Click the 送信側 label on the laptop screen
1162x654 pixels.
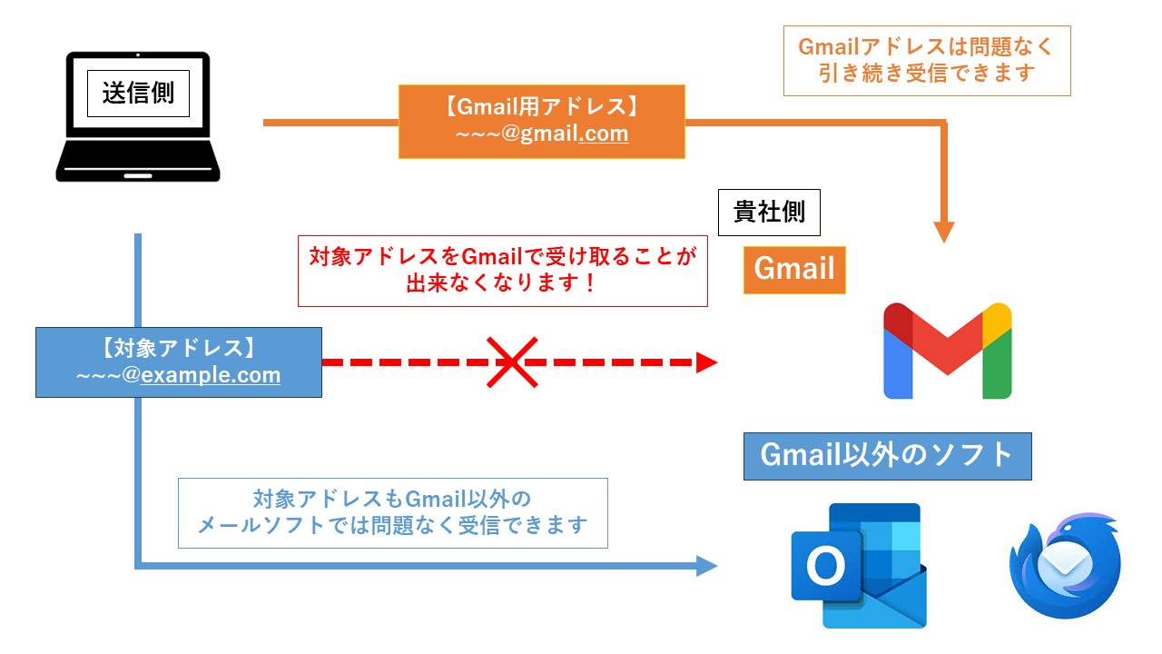tap(138, 93)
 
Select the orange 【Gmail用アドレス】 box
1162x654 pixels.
tap(541, 122)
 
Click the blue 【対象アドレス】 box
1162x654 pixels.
tap(178, 362)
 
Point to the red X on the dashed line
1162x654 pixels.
tap(512, 362)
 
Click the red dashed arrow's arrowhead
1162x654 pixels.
tap(707, 362)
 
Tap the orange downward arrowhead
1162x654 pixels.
tap(944, 231)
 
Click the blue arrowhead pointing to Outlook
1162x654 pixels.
tap(707, 567)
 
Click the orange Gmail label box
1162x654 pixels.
tap(794, 270)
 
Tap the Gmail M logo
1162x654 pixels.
tap(947, 351)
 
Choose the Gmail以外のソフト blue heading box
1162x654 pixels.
tap(887, 456)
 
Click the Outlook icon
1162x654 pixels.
tap(859, 565)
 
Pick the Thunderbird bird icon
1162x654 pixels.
tap(1064, 567)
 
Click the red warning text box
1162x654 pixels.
tap(502, 271)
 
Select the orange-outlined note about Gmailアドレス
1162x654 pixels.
tap(927, 60)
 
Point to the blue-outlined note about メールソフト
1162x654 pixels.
tap(392, 512)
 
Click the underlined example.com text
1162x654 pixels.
tap(211, 375)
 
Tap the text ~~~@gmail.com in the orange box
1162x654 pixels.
tap(542, 134)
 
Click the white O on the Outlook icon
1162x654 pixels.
tap(824, 567)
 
